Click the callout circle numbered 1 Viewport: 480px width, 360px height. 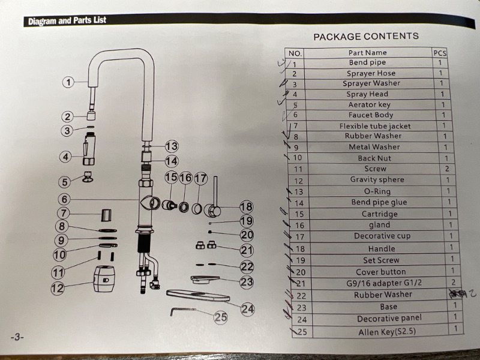pyautogui.click(x=68, y=82)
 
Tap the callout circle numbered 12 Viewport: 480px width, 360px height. pyautogui.click(x=58, y=288)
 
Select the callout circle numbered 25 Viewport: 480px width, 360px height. pyautogui.click(x=220, y=317)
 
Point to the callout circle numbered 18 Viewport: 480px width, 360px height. pyautogui.click(x=247, y=207)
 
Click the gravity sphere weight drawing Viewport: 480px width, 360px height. pyautogui.click(x=104, y=278)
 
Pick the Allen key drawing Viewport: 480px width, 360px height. pyautogui.click(x=182, y=311)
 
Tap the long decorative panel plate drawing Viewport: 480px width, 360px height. pyautogui.click(x=198, y=296)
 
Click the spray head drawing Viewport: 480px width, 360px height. pyautogui.click(x=89, y=149)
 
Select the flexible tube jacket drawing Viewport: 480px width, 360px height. pyautogui.click(x=106, y=215)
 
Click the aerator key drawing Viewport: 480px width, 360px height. pyautogui.click(x=88, y=176)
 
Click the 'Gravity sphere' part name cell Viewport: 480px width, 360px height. pyautogui.click(x=377, y=179)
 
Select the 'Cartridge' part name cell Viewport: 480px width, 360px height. pyautogui.click(x=379, y=214)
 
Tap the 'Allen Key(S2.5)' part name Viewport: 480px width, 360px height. pyautogui.click(x=387, y=332)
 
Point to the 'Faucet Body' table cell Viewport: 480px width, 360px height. pyautogui.click(x=371, y=115)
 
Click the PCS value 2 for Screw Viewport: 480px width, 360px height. pyautogui.click(x=447, y=169)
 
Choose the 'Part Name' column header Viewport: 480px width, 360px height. pyautogui.click(x=367, y=53)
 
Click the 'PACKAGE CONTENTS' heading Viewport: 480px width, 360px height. pyautogui.click(x=366, y=37)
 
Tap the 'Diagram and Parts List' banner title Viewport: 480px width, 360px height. pyautogui.click(x=67, y=21)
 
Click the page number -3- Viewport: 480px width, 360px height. pyautogui.click(x=17, y=337)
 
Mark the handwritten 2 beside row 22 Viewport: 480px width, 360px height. pyautogui.click(x=472, y=293)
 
